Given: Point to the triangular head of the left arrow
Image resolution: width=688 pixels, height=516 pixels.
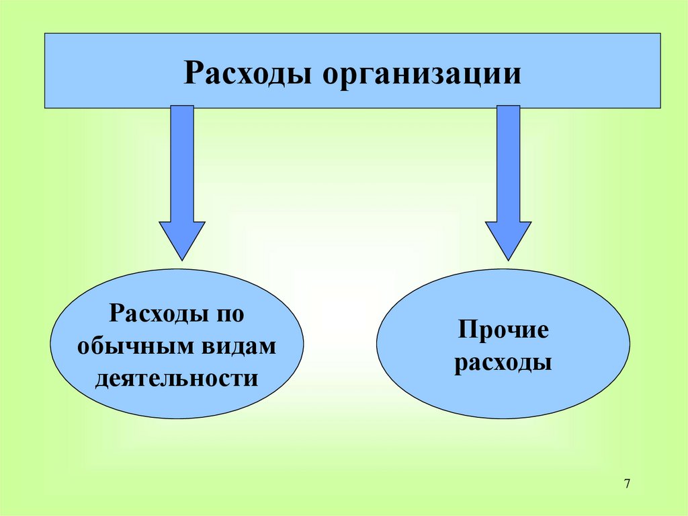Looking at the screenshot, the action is (x=181, y=239).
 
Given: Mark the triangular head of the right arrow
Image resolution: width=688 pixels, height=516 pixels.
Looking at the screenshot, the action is (x=508, y=239).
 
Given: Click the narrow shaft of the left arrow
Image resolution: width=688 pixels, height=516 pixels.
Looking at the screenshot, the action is (x=181, y=161).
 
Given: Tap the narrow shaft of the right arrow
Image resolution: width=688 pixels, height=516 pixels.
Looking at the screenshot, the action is (x=508, y=161).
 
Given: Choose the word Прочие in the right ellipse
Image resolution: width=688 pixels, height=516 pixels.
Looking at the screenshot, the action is (x=503, y=330).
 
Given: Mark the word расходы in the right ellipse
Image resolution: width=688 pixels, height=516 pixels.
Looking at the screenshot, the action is (x=503, y=363).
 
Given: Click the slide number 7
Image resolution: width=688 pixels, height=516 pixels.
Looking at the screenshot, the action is (x=628, y=483).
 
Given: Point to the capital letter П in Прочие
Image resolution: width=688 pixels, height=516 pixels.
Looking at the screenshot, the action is (x=466, y=330).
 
